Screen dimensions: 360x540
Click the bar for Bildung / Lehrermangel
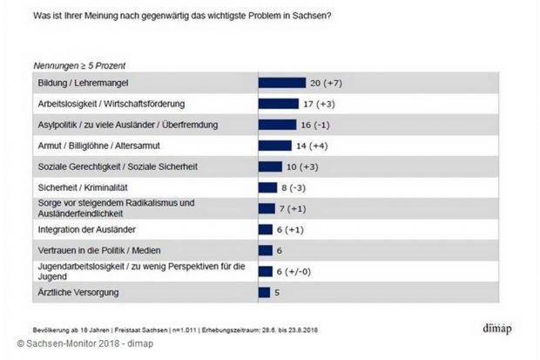(x=281, y=83)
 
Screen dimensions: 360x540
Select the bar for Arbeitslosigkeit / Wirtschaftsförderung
(x=278, y=104)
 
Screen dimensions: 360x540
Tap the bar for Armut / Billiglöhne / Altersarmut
(x=274, y=146)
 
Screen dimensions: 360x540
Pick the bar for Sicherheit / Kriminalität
(x=267, y=187)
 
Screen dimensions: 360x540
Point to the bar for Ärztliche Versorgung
(x=264, y=291)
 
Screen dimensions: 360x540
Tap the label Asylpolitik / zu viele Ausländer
(x=96, y=125)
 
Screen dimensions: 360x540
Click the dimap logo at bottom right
(x=499, y=329)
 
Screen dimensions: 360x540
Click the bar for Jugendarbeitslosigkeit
(x=265, y=270)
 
